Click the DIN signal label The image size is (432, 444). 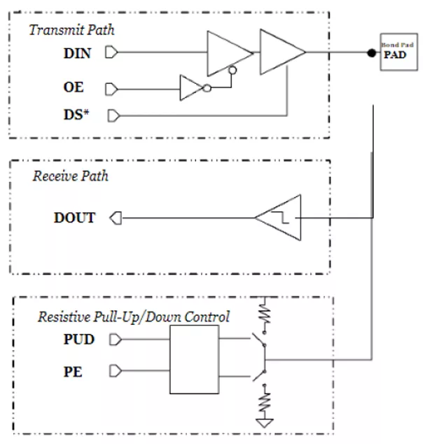[78, 53]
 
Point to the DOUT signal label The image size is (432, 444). [74, 218]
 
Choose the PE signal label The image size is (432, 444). [72, 371]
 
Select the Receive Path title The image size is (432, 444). [70, 176]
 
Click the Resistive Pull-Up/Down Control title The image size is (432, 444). [133, 317]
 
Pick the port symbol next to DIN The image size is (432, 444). [110, 52]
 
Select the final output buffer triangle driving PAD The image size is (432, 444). [280, 52]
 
